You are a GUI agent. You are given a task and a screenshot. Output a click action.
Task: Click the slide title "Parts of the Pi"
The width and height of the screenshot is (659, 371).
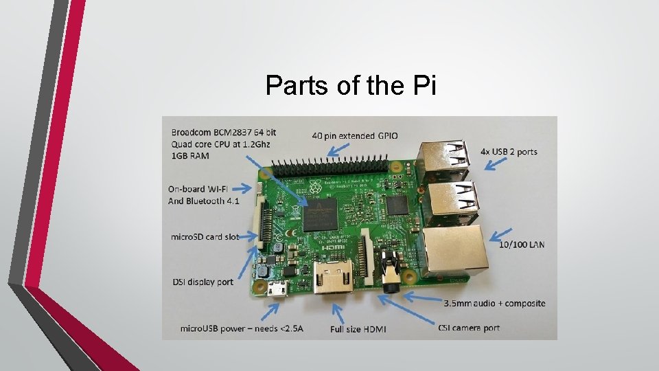(x=350, y=86)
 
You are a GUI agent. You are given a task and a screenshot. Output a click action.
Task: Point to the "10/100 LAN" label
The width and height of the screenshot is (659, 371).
(x=522, y=244)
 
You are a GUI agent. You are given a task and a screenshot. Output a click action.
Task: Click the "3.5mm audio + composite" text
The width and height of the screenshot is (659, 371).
(x=494, y=303)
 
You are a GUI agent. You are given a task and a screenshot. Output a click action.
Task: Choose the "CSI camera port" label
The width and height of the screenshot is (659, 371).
(x=469, y=328)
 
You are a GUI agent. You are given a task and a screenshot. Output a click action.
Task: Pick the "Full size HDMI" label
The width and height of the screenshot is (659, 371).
(x=358, y=329)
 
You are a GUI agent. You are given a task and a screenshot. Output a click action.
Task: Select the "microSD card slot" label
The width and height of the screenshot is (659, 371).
(x=205, y=237)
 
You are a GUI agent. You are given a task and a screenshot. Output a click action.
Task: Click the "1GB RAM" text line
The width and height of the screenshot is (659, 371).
(x=189, y=156)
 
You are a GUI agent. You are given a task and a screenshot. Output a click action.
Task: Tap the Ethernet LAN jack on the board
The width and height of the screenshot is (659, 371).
(x=454, y=250)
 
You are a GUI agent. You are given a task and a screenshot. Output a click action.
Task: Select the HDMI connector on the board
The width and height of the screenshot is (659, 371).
(x=333, y=276)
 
